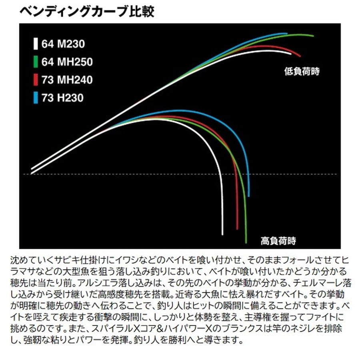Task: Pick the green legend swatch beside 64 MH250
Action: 36,62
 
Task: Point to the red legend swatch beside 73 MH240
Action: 36,80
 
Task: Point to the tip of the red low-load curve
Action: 300,56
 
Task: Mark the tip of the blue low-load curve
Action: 287,33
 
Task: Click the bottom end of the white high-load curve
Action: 222,234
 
